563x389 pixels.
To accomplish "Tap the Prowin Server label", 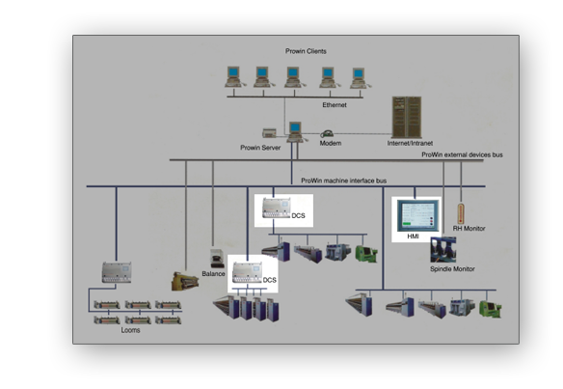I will (x=260, y=148).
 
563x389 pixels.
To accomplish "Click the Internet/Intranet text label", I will (x=406, y=143).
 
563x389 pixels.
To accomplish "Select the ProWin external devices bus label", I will (x=461, y=154).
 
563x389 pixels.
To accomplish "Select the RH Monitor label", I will (x=469, y=229).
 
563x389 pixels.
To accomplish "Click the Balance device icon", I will (x=217, y=259).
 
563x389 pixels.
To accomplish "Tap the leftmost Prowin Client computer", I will (x=232, y=74).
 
